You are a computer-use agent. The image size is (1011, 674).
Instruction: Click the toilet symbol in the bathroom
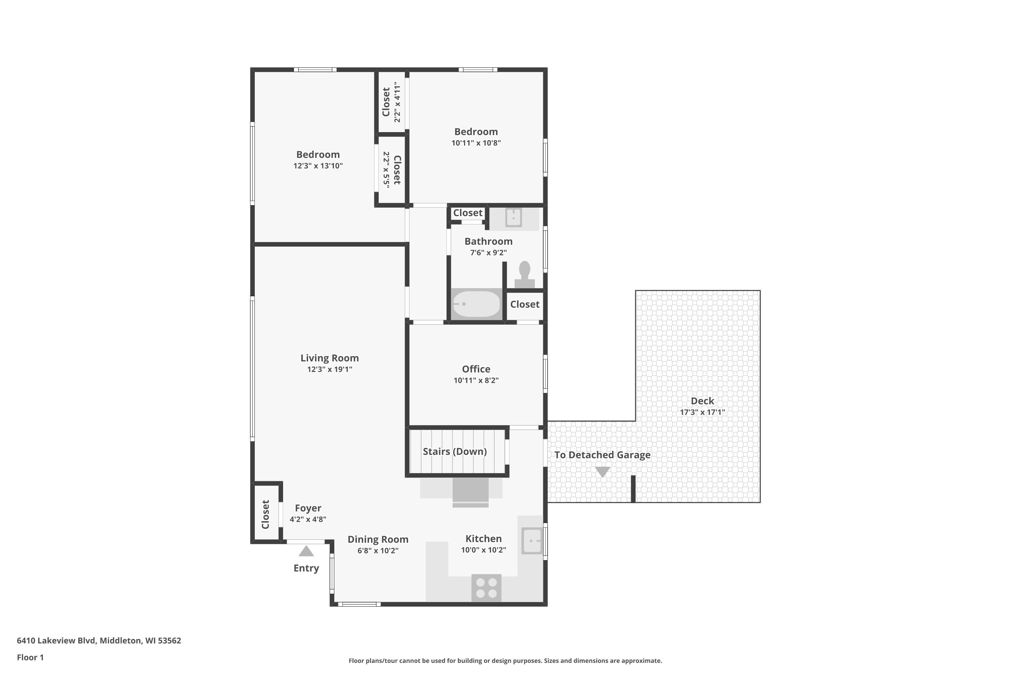[x=524, y=275]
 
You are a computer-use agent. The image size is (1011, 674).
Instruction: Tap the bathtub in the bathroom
[x=476, y=304]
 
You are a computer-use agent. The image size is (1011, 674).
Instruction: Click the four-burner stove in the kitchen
[x=487, y=588]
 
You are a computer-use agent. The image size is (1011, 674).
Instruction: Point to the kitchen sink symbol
[x=532, y=541]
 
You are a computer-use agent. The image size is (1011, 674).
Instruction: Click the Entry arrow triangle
[x=306, y=551]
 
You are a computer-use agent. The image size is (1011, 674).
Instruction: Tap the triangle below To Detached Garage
[x=602, y=471]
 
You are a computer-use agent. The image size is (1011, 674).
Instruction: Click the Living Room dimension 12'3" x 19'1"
[x=330, y=369]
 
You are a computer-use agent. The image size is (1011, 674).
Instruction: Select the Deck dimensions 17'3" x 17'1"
[x=702, y=412]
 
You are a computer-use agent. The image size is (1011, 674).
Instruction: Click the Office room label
[x=476, y=369]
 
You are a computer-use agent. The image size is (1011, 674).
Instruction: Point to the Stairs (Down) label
[x=455, y=451]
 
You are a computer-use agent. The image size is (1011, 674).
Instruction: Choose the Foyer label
[x=308, y=508]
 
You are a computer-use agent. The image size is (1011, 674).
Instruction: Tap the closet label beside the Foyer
[x=265, y=515]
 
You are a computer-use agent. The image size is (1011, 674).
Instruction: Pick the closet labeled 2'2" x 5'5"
[x=392, y=170]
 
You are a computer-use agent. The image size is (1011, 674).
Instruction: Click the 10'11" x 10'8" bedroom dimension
[x=476, y=143]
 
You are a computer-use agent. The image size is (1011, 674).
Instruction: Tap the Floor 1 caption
[x=30, y=657]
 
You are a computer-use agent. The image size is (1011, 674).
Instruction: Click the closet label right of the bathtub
[x=524, y=304]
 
